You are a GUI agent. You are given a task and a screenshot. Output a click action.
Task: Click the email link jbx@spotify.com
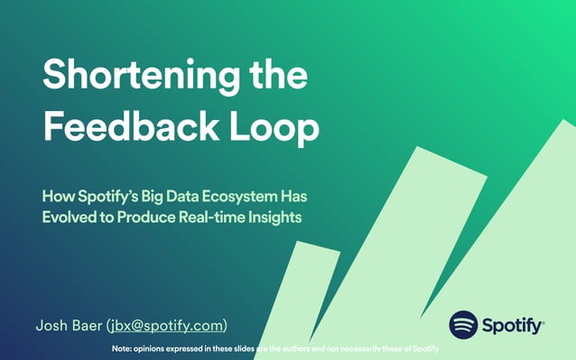point(166,324)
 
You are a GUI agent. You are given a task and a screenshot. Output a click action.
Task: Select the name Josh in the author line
point(51,324)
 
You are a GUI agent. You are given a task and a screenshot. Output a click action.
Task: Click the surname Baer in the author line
point(88,324)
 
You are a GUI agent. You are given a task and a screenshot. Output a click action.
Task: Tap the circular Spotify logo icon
point(463,324)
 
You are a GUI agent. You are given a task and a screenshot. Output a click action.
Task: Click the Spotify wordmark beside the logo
point(513,325)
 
